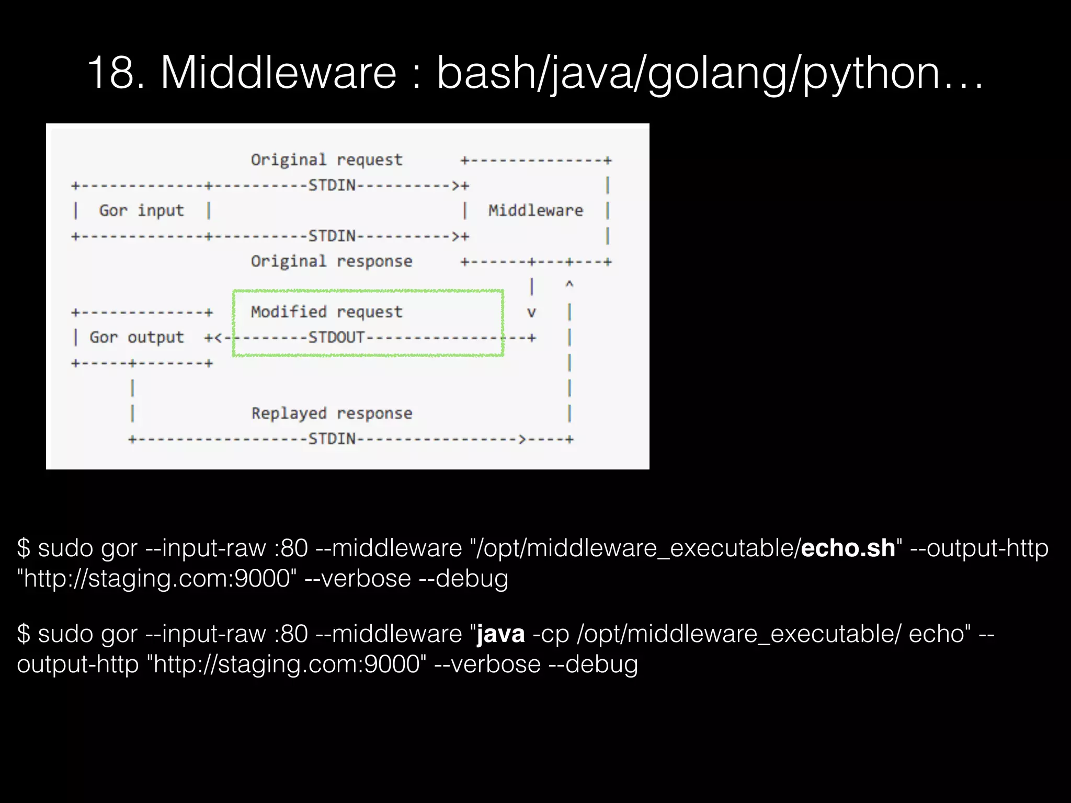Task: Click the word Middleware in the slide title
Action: pos(278,73)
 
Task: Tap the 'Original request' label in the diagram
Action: pos(326,159)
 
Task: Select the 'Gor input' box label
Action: pos(141,210)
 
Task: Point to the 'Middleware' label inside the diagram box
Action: pos(535,210)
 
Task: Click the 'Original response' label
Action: pos(332,261)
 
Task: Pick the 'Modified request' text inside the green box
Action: pos(326,312)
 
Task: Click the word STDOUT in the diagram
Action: pos(336,337)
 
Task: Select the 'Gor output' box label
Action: pos(136,337)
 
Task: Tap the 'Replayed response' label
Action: pos(332,413)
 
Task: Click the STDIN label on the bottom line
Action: pos(332,439)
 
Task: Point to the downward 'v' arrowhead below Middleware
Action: pos(531,313)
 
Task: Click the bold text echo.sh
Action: pos(848,548)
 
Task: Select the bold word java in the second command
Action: pos(500,634)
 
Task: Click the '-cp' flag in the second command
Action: pos(550,634)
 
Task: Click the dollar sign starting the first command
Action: pos(24,548)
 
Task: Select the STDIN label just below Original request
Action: pos(332,185)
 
